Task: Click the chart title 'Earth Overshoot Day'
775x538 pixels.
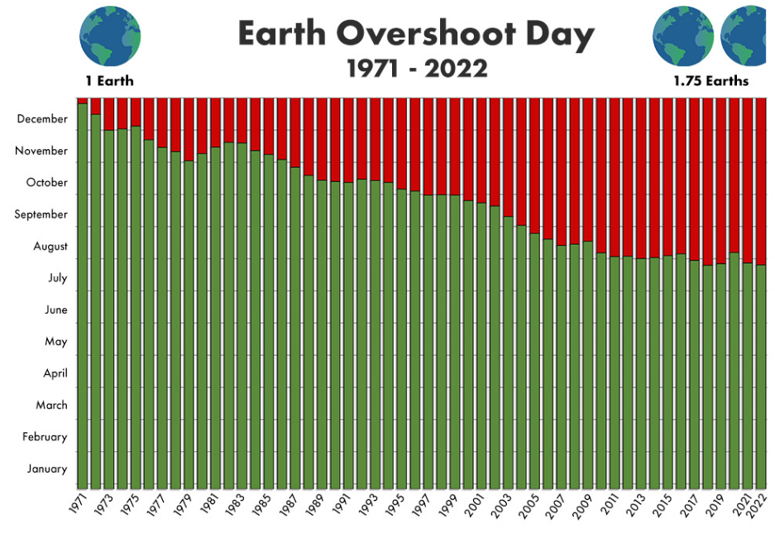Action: click(416, 35)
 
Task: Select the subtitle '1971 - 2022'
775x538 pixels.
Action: click(416, 68)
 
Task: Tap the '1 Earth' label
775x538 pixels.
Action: click(109, 81)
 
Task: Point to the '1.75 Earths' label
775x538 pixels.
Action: click(710, 81)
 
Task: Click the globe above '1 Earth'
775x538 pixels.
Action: click(110, 37)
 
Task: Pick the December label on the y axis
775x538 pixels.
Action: click(42, 119)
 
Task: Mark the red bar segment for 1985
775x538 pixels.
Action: click(269, 125)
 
